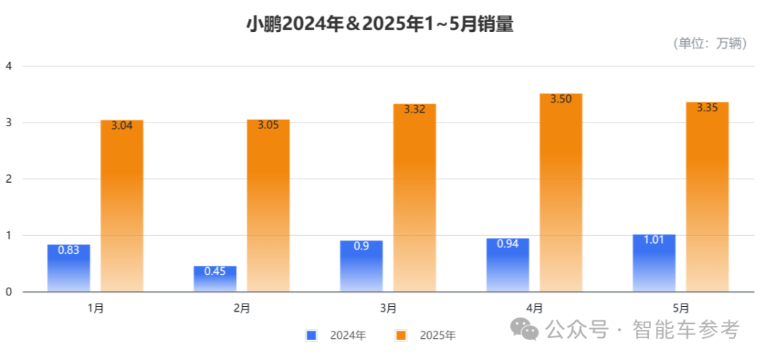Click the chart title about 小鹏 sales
tap(380, 25)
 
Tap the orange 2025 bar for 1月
tap(122, 206)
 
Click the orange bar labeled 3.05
tap(268, 206)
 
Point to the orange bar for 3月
tap(414, 198)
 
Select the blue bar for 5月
tap(654, 263)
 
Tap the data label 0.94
tap(507, 244)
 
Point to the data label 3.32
tap(414, 110)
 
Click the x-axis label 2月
tap(242, 308)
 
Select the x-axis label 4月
tap(534, 308)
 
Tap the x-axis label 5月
tap(680, 308)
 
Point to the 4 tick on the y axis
tap(8, 66)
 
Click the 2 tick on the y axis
tap(8, 179)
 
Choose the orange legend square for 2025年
tap(401, 335)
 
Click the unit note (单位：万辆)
tap(710, 43)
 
